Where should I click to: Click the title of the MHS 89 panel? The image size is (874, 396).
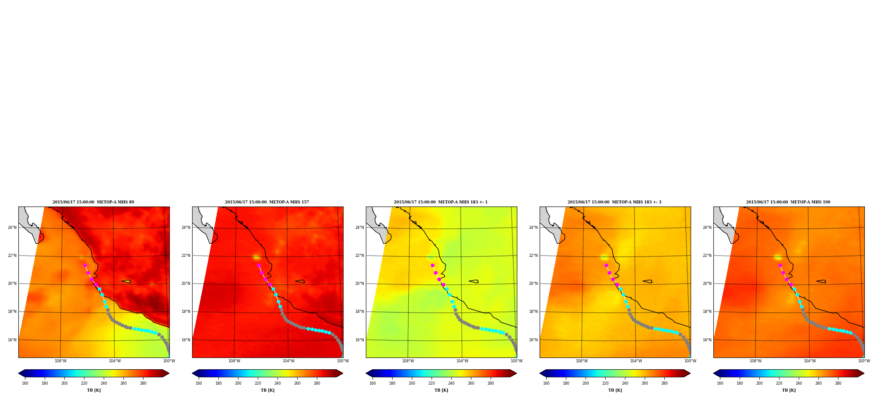click(x=93, y=202)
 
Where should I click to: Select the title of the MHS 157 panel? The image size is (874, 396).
click(x=267, y=202)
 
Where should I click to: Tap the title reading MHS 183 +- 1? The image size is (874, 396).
click(x=441, y=202)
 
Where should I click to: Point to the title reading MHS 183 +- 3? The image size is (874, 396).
click(x=614, y=202)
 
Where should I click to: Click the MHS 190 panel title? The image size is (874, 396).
click(x=788, y=202)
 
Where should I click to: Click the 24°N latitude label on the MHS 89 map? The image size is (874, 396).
click(x=12, y=228)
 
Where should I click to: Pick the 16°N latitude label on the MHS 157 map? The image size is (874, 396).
click(x=186, y=340)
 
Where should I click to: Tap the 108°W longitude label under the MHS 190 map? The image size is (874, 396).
click(x=755, y=361)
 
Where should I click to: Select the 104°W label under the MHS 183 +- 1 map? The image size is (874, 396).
click(x=462, y=361)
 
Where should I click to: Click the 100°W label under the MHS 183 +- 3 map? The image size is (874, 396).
click(x=690, y=361)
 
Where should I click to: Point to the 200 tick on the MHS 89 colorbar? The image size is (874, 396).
click(x=64, y=383)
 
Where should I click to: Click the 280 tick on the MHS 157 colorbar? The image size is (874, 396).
click(x=317, y=383)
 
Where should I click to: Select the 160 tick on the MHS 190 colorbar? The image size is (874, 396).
click(x=720, y=383)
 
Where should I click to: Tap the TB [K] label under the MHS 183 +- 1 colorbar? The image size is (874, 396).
click(x=441, y=390)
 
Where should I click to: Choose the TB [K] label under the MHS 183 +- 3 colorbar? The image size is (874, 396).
click(x=615, y=390)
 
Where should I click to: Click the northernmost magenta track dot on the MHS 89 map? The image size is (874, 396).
click(x=85, y=265)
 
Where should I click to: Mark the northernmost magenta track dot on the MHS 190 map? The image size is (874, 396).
click(x=780, y=265)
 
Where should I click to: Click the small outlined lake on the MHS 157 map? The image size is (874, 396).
click(x=300, y=281)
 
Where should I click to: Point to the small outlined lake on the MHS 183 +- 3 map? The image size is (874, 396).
click(x=647, y=281)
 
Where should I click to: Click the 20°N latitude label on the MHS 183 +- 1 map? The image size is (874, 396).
click(x=359, y=284)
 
